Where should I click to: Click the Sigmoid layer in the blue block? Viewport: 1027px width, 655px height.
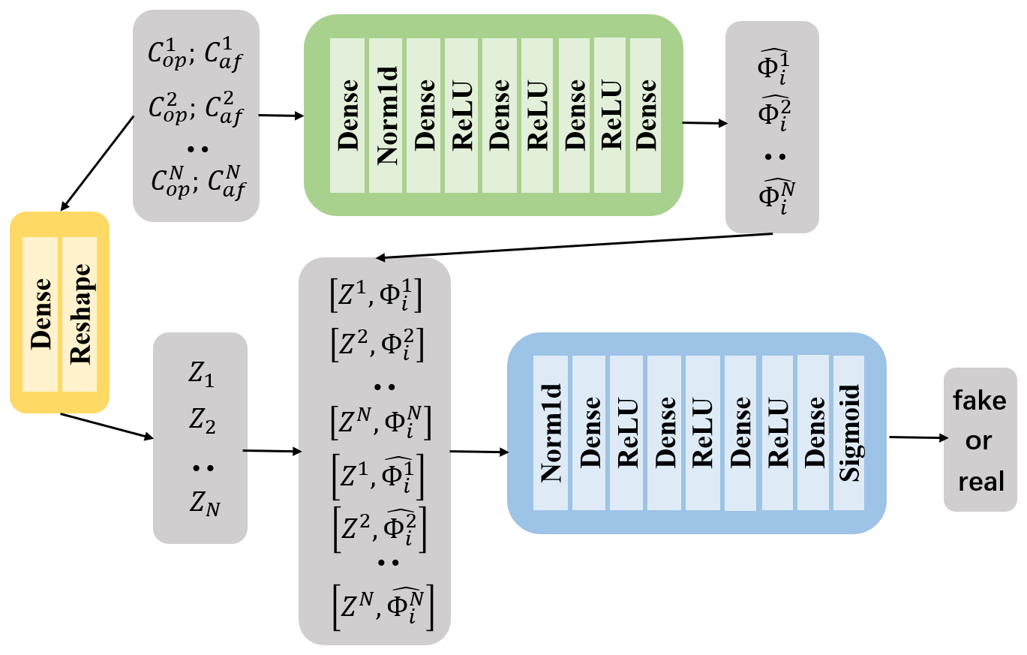click(848, 432)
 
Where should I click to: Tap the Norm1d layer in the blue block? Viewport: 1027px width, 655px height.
click(551, 432)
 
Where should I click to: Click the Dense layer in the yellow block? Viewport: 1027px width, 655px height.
click(41, 314)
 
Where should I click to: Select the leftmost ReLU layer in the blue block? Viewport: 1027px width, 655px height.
click(626, 432)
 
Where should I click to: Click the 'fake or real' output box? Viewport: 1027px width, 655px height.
click(979, 440)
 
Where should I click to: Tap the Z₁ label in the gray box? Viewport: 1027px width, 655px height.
click(200, 376)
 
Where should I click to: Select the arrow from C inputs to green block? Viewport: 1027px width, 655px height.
click(281, 116)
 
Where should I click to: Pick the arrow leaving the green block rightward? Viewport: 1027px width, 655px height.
click(704, 123)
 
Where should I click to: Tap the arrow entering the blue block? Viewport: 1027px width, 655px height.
click(478, 452)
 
